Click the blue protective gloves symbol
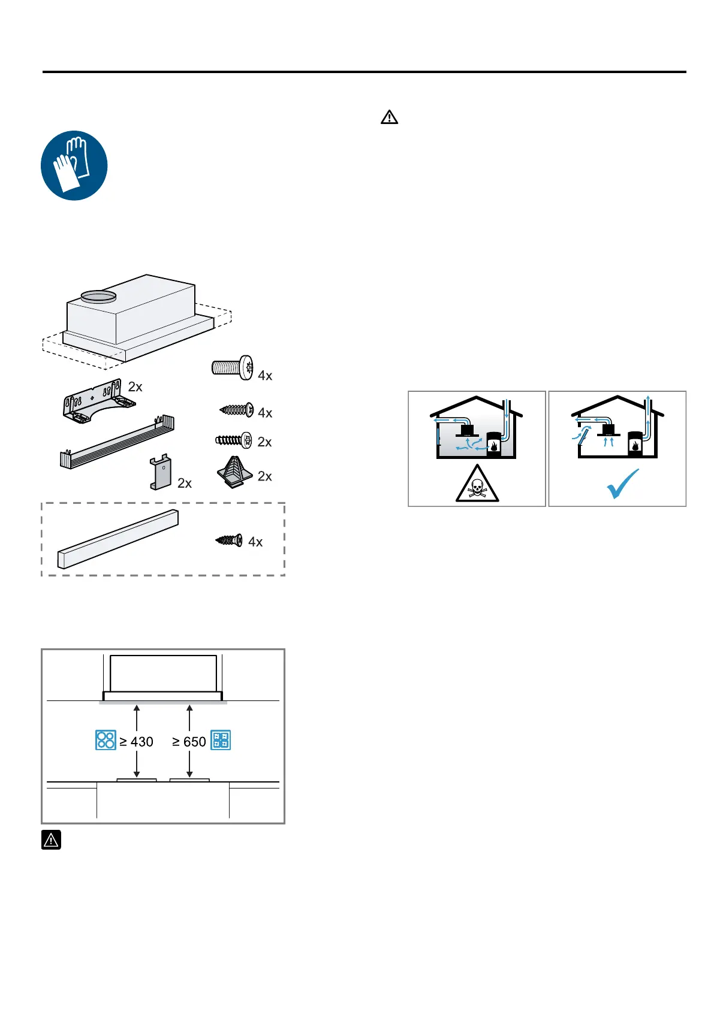(74, 165)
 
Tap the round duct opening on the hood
(98, 295)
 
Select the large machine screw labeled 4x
(232, 367)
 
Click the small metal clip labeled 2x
(161, 473)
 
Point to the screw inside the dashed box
(230, 540)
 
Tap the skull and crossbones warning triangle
(477, 484)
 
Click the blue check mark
(622, 483)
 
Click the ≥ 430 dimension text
(137, 742)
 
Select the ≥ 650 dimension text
(189, 742)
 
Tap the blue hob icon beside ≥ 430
(106, 741)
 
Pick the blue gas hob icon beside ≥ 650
(221, 741)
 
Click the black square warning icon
(51, 840)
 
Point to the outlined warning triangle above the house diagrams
(389, 117)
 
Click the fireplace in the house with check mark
(635, 444)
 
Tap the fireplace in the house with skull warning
(493, 445)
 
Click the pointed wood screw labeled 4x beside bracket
(237, 410)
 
